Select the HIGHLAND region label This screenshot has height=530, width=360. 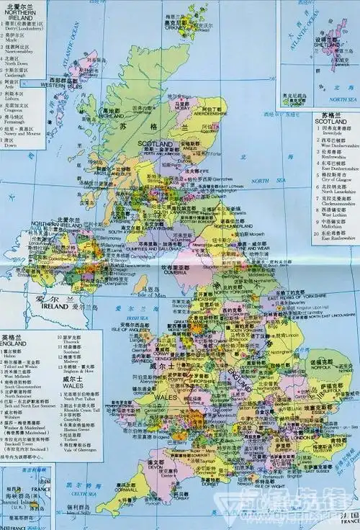pyautogui.click(x=111, y=114)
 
